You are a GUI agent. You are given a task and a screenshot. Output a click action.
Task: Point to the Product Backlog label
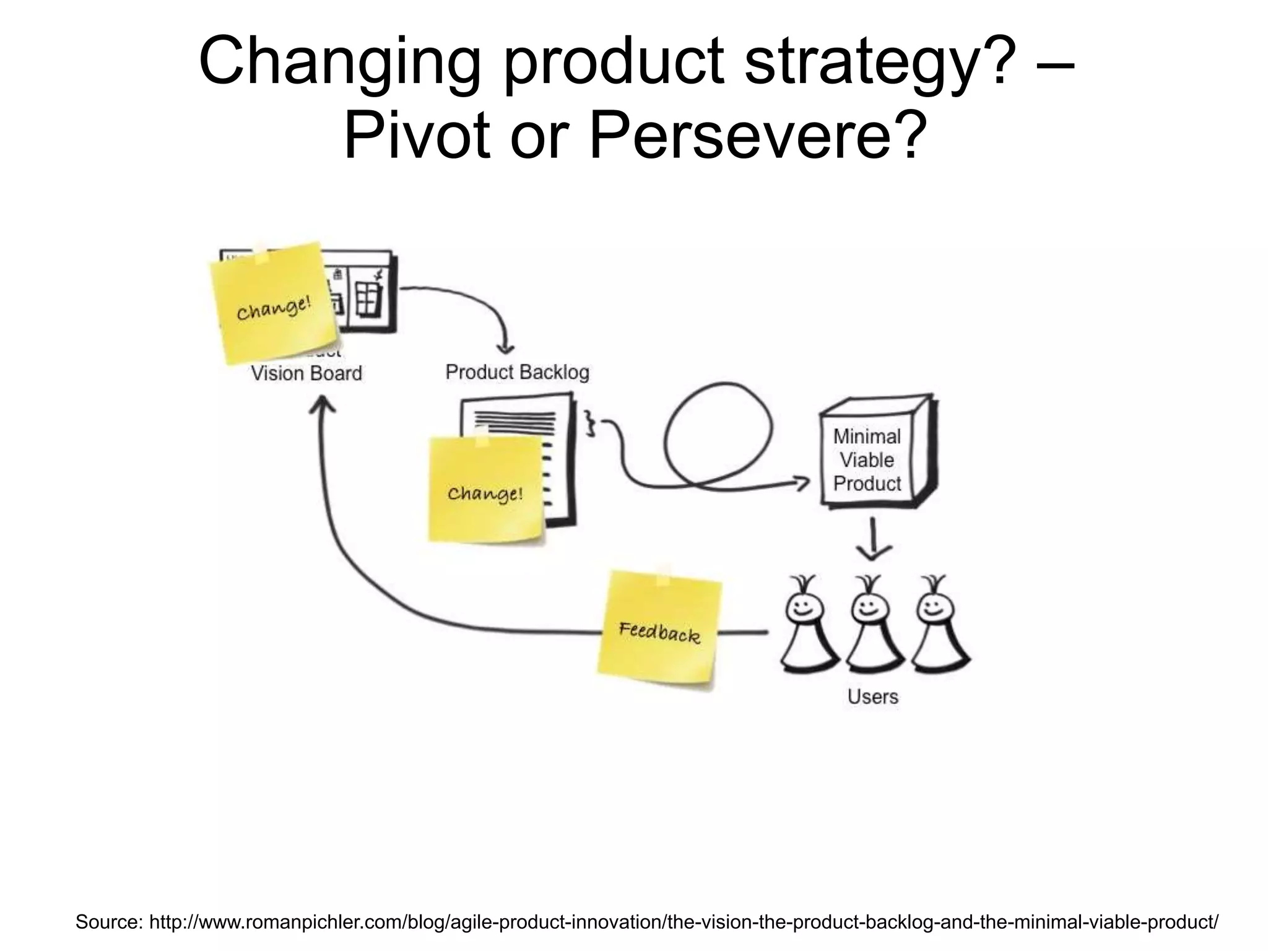[x=517, y=372]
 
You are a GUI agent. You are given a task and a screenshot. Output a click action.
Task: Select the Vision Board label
[x=306, y=373]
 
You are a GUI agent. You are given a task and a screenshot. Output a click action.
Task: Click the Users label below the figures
[x=872, y=697]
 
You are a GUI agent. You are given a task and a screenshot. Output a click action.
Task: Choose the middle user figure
[x=869, y=625]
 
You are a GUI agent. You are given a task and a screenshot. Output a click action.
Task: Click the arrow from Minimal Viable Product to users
[x=872, y=539]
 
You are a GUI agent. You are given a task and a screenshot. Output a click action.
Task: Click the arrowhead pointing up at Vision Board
[x=322, y=406]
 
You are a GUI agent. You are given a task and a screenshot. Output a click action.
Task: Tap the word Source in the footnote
[x=108, y=922]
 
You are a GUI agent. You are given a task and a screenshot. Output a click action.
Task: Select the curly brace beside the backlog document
[x=591, y=424]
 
